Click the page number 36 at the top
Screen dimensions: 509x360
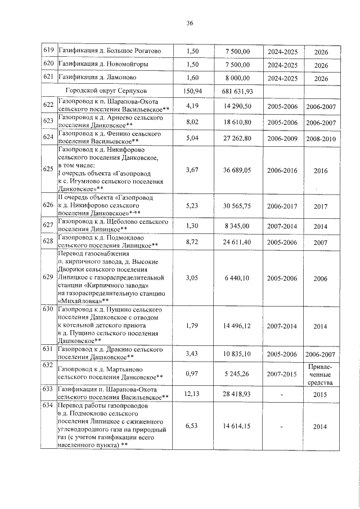190,23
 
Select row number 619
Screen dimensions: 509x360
48,51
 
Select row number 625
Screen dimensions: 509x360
48,169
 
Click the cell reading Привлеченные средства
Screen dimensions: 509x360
321,375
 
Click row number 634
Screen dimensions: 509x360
48,406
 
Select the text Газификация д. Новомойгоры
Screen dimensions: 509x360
104,65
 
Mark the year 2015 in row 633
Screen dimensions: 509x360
321,394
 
